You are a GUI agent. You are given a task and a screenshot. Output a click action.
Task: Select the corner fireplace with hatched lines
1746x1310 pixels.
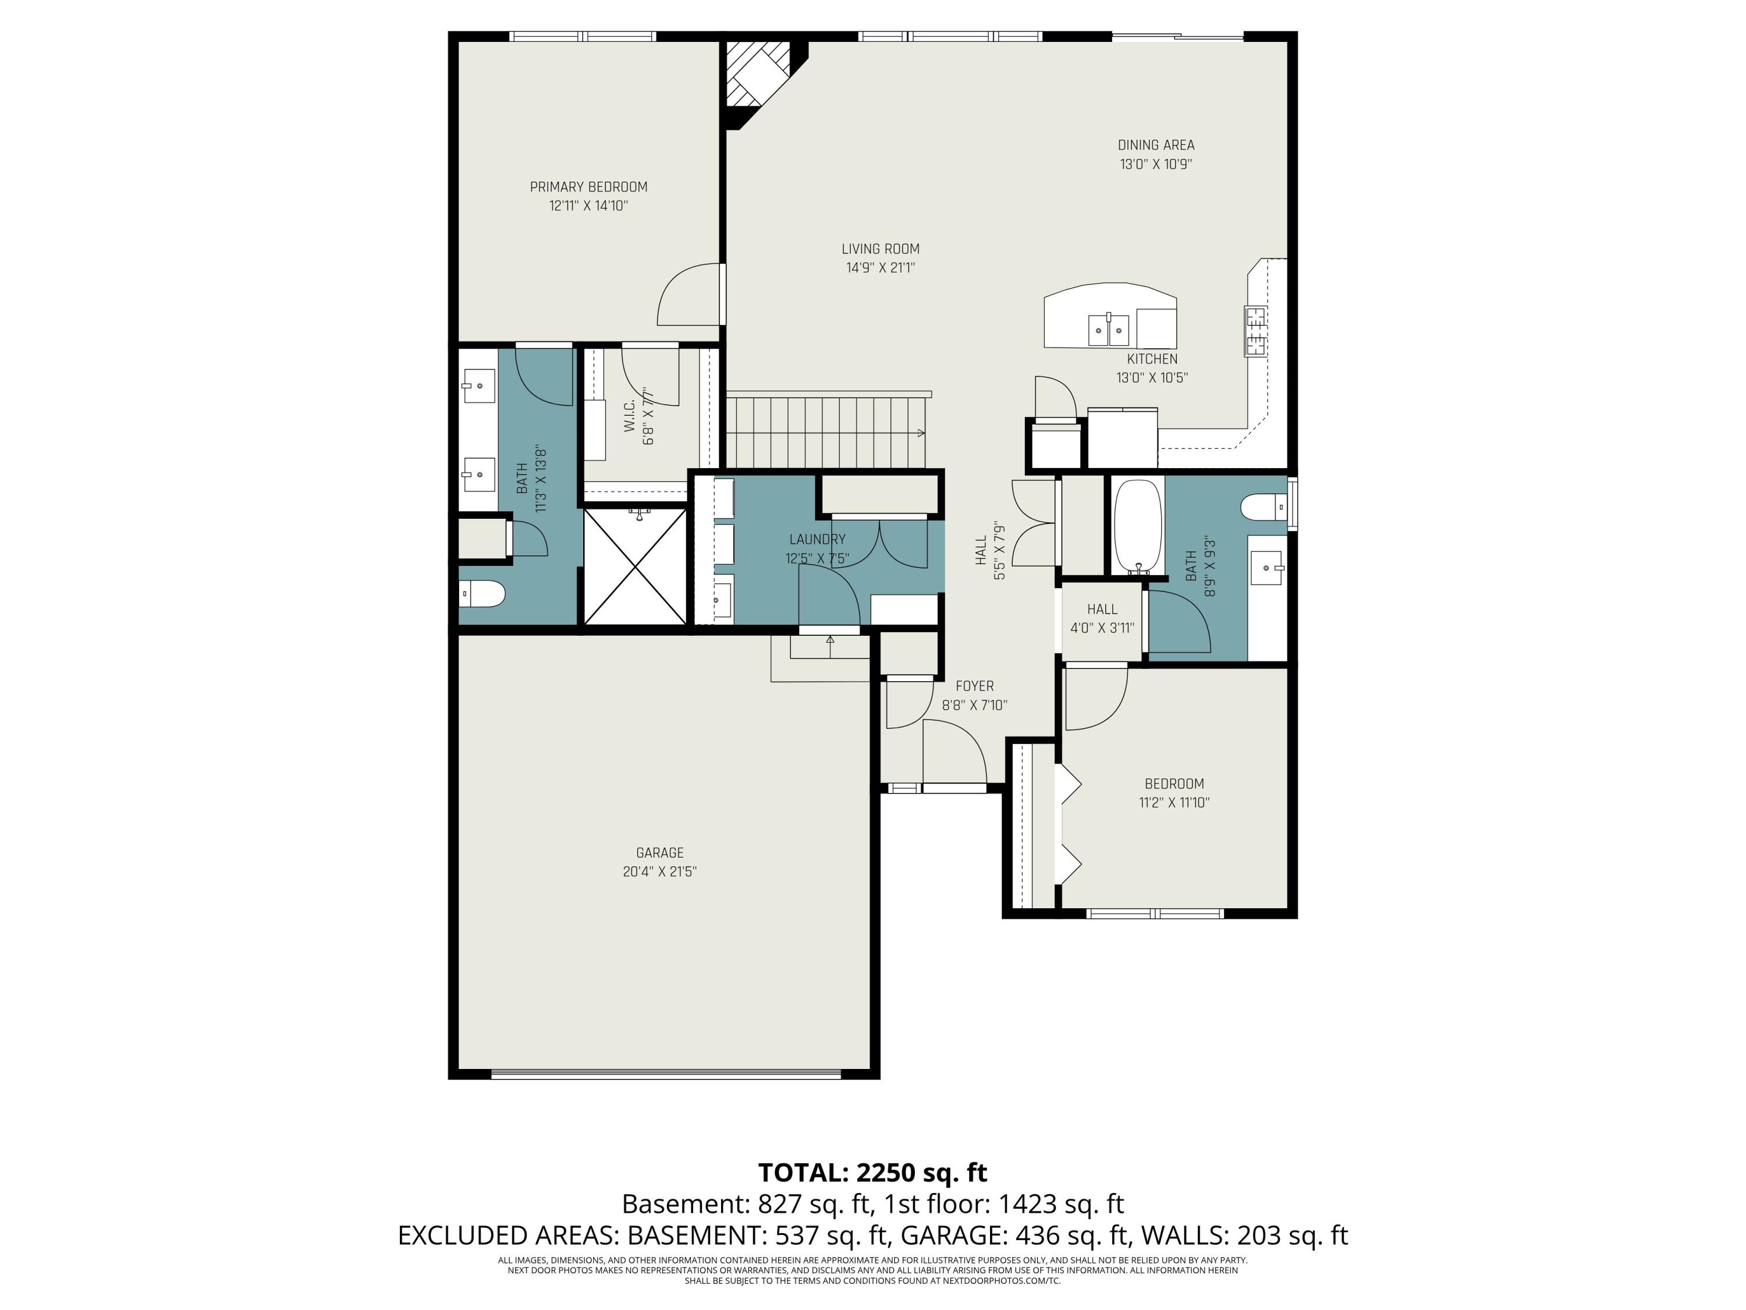point(756,75)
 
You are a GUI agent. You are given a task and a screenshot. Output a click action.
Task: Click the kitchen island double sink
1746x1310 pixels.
point(1109,330)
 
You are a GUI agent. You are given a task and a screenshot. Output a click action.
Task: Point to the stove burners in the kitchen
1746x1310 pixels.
point(1255,331)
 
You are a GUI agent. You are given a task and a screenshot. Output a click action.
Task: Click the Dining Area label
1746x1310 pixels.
point(1156,146)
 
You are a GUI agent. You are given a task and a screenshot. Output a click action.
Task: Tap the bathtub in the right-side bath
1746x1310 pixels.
point(1137,526)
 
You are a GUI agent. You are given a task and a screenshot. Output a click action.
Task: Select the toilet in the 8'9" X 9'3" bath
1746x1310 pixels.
point(1263,507)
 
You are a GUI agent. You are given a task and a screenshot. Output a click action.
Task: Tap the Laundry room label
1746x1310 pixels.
point(817,539)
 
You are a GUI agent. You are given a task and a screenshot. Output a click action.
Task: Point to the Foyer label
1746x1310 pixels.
point(974,686)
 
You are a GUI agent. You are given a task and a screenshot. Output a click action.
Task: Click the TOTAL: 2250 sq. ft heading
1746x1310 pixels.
point(872,1173)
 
